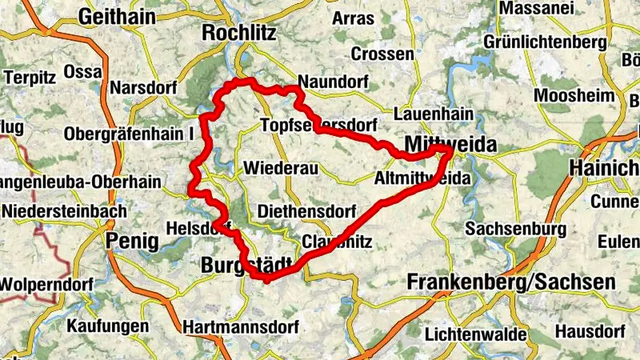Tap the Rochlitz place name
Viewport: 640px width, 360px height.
pyautogui.click(x=238, y=33)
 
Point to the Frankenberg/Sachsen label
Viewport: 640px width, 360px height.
pyautogui.click(x=511, y=282)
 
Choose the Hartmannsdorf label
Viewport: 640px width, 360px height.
pyautogui.click(x=241, y=327)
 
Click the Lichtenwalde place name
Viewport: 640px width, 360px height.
pyautogui.click(x=476, y=334)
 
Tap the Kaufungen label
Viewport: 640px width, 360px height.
pyautogui.click(x=107, y=326)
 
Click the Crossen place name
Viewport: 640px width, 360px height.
pyautogui.click(x=383, y=54)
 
